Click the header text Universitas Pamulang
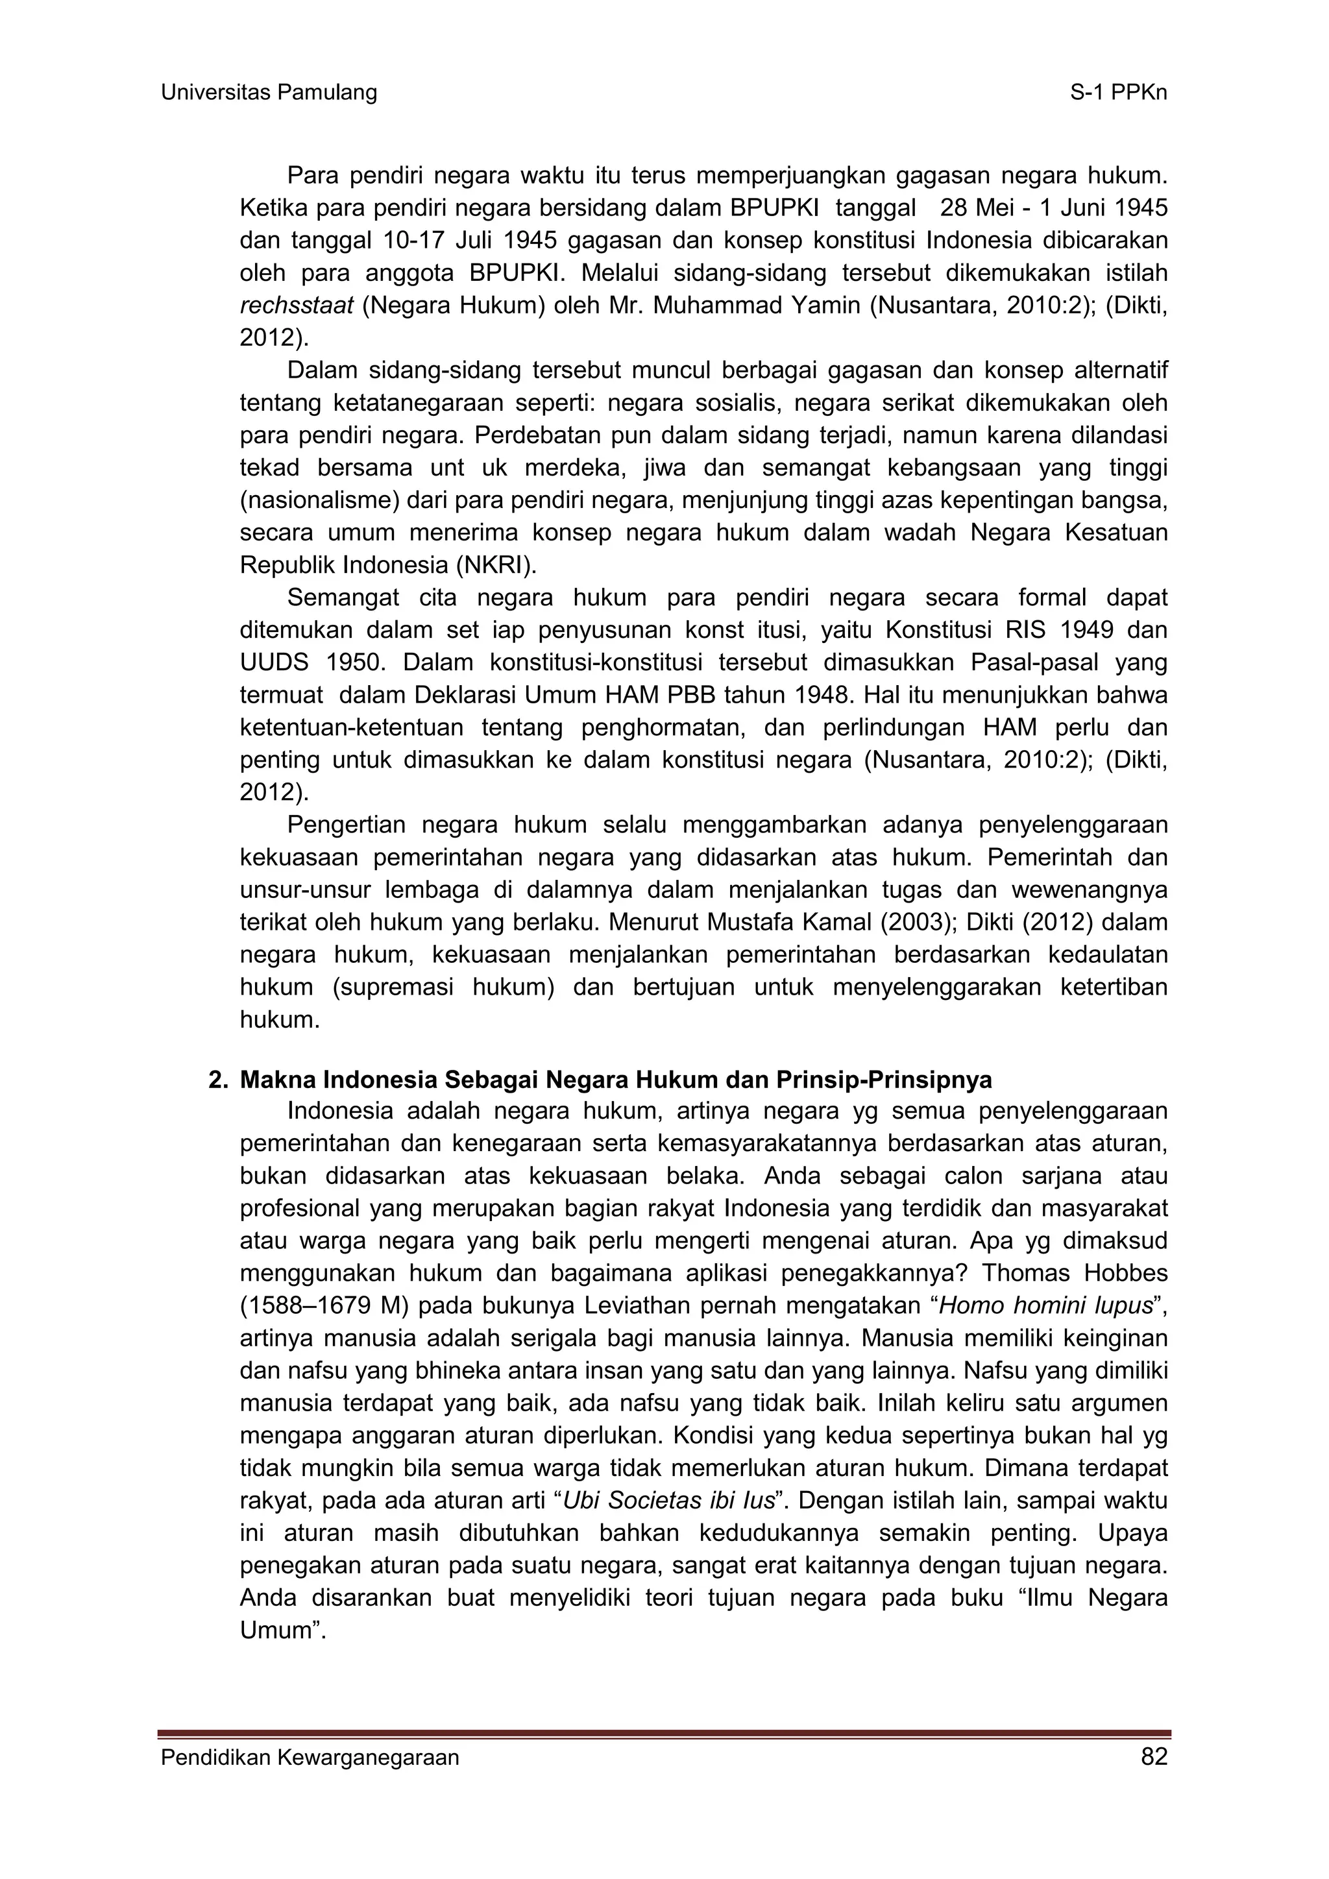pos(269,93)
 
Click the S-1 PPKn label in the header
pos(1118,93)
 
